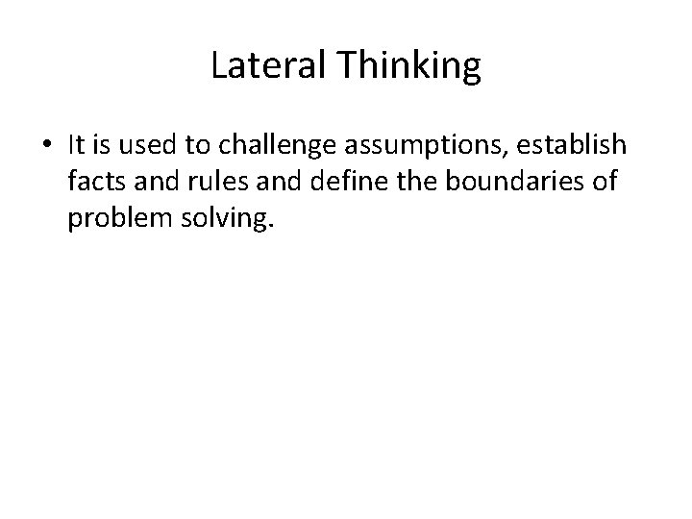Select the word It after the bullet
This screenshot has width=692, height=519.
[x=78, y=145]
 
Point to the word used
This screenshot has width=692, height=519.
[x=145, y=145]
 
